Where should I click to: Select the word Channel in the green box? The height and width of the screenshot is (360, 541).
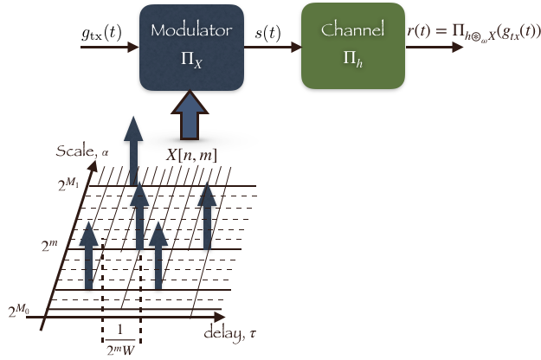coord(352,30)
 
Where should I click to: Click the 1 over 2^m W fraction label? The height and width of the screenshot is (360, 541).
coord(120,340)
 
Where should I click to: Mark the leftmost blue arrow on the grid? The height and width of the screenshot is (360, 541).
coord(88,255)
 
